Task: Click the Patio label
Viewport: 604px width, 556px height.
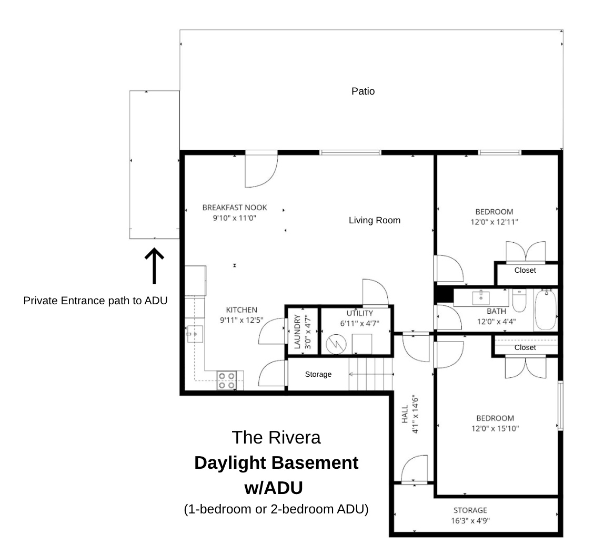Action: (363, 91)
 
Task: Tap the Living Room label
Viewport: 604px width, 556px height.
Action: (374, 220)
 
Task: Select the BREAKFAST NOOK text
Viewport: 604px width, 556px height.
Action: (234, 208)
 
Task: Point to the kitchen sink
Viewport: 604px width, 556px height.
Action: (195, 333)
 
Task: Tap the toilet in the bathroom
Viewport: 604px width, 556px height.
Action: (519, 300)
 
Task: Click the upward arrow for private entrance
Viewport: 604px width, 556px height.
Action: (154, 265)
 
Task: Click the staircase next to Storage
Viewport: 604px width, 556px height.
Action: (371, 374)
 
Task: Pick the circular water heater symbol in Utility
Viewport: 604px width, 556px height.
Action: (334, 344)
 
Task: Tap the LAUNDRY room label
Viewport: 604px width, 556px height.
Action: (297, 332)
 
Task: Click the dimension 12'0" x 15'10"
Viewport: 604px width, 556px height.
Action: (495, 428)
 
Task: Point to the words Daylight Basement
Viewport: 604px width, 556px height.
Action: (276, 463)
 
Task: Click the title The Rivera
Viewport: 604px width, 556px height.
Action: (276, 437)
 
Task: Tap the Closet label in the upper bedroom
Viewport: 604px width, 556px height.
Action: (525, 270)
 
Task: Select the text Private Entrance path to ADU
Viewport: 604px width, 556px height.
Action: (95, 301)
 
